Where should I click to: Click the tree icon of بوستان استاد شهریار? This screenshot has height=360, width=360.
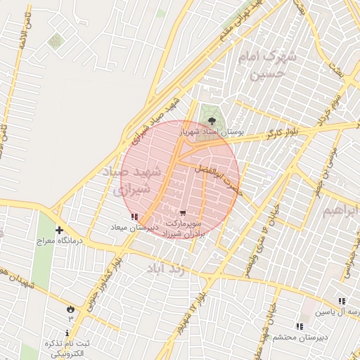click(213, 121)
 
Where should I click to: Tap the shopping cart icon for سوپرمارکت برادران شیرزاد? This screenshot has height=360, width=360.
click(183, 213)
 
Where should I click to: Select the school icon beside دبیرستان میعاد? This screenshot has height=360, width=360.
click(134, 217)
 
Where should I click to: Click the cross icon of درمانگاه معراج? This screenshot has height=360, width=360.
click(59, 230)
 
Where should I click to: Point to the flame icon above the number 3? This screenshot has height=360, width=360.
click(70, 309)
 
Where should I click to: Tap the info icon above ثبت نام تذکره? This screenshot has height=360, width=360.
click(67, 332)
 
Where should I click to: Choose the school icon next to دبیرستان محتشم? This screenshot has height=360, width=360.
click(300, 326)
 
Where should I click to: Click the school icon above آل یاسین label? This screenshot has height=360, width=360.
click(342, 301)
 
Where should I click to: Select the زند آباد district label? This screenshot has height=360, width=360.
click(166, 269)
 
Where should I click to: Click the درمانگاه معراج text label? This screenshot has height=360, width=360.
click(60, 240)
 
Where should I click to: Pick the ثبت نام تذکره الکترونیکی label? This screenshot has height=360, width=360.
click(63, 348)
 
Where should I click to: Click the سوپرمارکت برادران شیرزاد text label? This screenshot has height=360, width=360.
click(184, 227)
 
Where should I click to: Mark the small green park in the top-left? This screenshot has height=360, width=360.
click(55, 41)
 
